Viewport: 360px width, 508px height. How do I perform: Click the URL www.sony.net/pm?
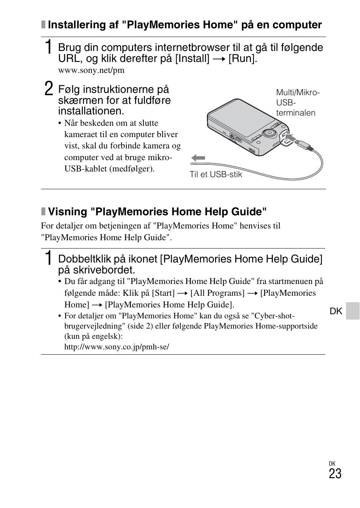[91, 70]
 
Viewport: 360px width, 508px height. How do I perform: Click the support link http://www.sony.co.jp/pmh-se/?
[117, 347]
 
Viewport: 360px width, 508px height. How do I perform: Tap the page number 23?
[335, 474]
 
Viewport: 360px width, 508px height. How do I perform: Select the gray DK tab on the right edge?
[352, 311]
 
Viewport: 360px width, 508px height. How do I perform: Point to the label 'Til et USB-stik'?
[215, 174]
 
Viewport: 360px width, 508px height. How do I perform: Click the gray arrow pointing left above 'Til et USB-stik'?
[198, 158]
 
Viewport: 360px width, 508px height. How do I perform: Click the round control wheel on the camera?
[269, 133]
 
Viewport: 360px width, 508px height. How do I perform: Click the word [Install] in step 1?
[192, 59]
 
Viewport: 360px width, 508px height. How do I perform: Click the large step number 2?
[48, 90]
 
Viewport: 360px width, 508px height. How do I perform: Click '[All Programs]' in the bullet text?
[217, 293]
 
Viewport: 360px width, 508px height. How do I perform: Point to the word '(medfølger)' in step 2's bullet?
[132, 169]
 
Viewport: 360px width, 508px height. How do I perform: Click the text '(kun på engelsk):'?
[93, 336]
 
